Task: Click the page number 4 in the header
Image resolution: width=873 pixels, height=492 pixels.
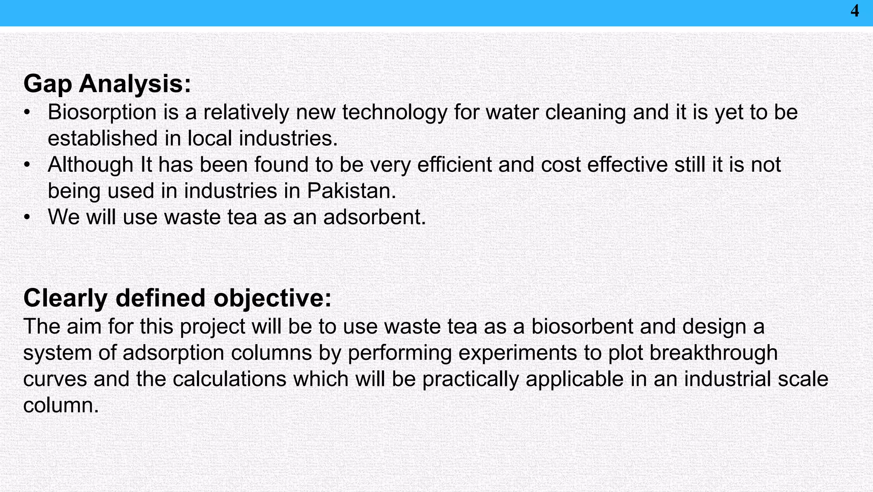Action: [x=855, y=11]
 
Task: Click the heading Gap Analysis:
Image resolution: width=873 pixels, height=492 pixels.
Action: [x=107, y=83]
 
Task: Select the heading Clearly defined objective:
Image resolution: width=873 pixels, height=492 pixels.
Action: [x=177, y=298]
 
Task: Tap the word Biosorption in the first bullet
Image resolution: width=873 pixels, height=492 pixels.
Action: [x=102, y=112]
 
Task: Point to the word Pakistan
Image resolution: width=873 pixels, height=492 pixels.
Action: [x=351, y=191]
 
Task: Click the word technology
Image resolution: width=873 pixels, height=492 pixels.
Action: [x=394, y=112]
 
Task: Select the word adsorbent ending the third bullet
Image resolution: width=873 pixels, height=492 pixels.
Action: [x=374, y=217]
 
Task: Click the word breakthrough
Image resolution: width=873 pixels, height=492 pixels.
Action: [x=714, y=353]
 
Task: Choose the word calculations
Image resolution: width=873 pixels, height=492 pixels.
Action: [x=229, y=379]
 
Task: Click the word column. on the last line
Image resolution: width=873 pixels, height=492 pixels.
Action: [x=61, y=405]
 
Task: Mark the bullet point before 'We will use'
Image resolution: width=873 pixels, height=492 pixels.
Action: [x=27, y=218]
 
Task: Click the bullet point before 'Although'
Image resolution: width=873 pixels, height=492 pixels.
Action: [x=27, y=165]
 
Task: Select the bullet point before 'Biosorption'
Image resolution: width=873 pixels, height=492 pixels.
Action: [x=27, y=113]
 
